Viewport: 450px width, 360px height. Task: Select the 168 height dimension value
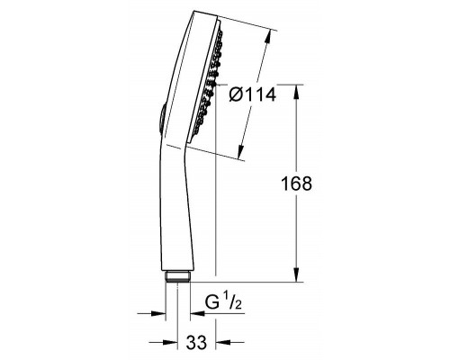[295, 184]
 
